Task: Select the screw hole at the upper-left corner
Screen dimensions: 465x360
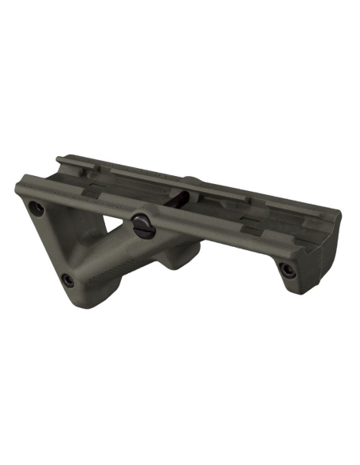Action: [x=36, y=209]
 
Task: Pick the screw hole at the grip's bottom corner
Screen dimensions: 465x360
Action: [x=68, y=279]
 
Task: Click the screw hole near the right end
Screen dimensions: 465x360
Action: [x=288, y=270]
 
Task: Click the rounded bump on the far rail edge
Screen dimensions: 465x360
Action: [x=191, y=181]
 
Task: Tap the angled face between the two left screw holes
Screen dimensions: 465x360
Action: [x=49, y=243]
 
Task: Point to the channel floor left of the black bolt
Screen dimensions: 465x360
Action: [x=112, y=191]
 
